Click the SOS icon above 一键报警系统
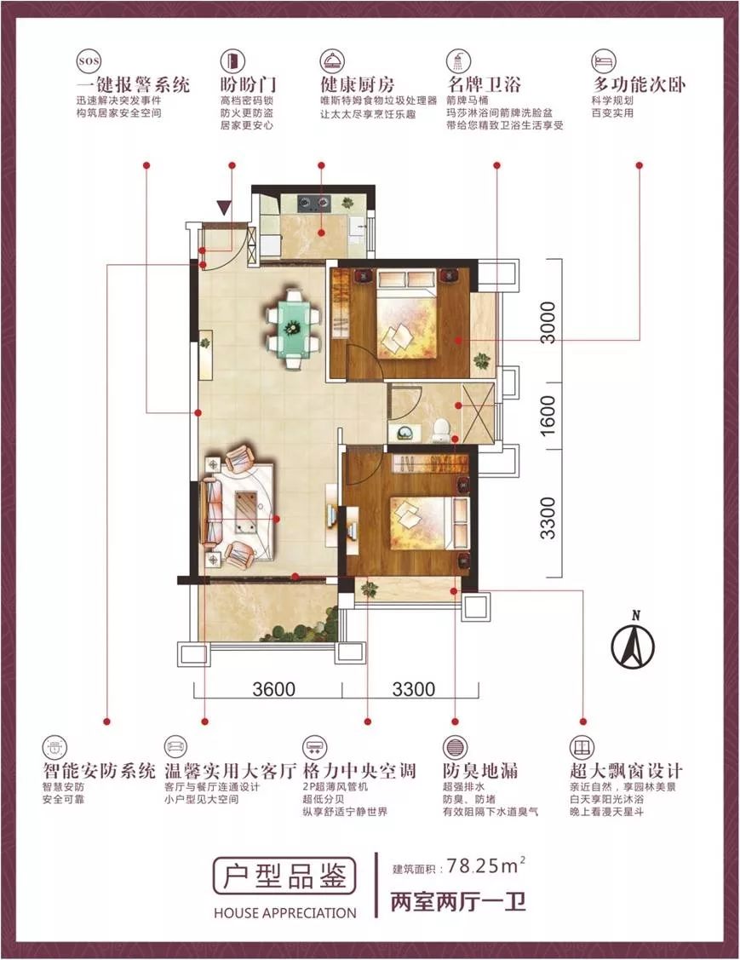tap(89, 61)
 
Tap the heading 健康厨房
tap(358, 84)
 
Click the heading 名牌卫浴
tap(484, 84)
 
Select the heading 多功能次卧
tap(639, 84)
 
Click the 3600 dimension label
tap(273, 689)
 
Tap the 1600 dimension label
tap(548, 416)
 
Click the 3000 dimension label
tap(548, 322)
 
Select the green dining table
tap(293, 328)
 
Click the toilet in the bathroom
tap(439, 429)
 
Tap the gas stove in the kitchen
tap(313, 203)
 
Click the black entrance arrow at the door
tap(225, 208)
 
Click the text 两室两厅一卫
tap(458, 902)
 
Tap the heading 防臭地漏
tap(480, 770)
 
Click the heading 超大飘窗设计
tap(626, 770)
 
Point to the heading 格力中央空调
tap(359, 770)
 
